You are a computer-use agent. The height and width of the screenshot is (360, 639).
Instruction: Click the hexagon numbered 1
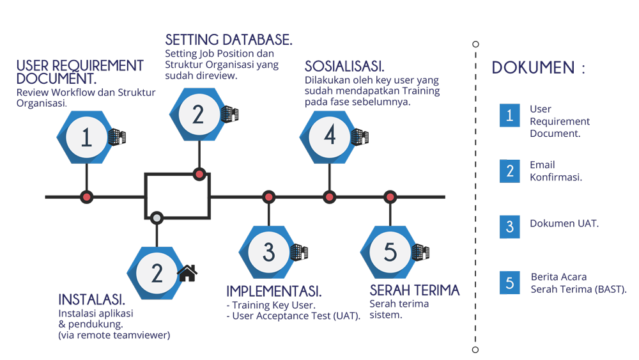point(86,138)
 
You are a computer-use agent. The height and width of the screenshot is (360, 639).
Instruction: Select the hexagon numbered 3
point(268,252)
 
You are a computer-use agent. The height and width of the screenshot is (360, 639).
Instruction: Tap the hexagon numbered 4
point(330,136)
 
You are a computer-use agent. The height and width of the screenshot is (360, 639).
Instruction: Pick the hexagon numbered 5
point(390,252)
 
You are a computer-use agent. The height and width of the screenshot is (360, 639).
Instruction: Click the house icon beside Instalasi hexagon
point(187,274)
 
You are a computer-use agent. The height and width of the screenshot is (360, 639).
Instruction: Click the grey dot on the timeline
point(156,219)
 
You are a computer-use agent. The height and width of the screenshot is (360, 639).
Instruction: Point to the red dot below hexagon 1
point(86,197)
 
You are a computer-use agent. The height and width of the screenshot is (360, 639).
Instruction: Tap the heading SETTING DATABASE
point(229,40)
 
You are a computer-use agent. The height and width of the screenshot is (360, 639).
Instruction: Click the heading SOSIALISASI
point(344,67)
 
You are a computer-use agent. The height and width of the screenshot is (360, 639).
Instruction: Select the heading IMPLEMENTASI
point(274,292)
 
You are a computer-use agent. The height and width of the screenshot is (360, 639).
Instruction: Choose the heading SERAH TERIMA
point(414,290)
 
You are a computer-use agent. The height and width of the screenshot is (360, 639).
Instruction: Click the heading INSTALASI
point(91,300)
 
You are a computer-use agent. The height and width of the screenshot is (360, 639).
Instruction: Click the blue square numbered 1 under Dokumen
point(509,116)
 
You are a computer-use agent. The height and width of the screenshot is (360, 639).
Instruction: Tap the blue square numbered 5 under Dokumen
point(509,283)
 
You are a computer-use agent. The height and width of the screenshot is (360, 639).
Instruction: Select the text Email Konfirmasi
point(555,171)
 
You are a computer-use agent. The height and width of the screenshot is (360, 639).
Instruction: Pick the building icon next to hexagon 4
point(359,136)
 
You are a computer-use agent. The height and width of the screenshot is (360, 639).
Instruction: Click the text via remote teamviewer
point(114,334)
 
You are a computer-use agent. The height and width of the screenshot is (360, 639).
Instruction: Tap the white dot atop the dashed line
point(475,44)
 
